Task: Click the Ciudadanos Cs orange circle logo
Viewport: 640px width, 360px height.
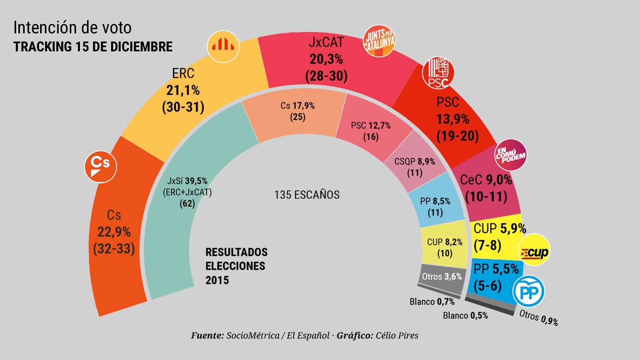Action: tap(101, 166)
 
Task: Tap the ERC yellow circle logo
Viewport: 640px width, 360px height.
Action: tap(223, 46)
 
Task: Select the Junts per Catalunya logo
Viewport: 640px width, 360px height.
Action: tap(379, 41)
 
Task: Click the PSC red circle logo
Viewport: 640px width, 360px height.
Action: tap(438, 73)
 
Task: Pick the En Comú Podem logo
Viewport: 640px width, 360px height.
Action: tap(511, 155)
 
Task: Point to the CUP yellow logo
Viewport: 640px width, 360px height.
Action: tap(534, 250)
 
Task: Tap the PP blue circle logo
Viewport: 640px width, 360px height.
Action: tap(529, 291)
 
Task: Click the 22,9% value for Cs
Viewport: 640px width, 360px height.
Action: tap(114, 232)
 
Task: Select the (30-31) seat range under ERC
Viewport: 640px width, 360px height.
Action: tap(183, 107)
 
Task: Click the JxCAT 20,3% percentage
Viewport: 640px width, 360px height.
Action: tap(326, 59)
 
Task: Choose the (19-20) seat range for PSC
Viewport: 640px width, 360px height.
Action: tap(457, 136)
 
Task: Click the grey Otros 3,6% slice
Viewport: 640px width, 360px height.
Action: tap(442, 277)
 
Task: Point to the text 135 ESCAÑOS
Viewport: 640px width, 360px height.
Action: tap(306, 195)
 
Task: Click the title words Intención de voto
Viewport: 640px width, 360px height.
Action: tap(72, 28)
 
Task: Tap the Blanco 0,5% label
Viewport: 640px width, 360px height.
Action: tap(465, 316)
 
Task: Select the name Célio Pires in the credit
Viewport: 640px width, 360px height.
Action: tap(397, 336)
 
